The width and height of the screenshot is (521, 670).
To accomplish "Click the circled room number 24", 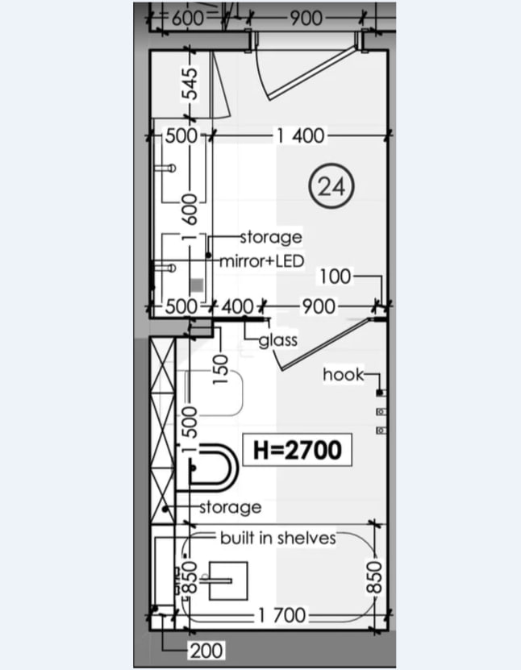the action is click(x=331, y=186).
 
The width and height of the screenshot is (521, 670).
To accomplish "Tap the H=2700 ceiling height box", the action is click(x=298, y=450).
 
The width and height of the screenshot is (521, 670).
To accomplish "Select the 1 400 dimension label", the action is click(x=301, y=136).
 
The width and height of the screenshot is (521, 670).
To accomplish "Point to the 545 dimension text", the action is click(x=191, y=84).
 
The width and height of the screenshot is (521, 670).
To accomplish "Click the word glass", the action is click(x=277, y=340).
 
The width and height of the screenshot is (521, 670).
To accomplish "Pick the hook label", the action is click(x=344, y=374).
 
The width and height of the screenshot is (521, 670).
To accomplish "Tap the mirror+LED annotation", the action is click(x=261, y=260).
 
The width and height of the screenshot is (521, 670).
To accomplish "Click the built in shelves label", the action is click(x=277, y=538).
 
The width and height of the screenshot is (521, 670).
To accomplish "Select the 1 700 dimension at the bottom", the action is click(x=281, y=616).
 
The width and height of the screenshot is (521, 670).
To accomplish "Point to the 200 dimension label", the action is click(x=206, y=651).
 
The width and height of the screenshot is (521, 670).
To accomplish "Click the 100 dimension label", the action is click(x=336, y=277).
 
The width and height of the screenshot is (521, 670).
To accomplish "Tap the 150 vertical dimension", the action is click(x=221, y=368).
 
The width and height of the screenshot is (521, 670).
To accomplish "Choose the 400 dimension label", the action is click(x=238, y=306).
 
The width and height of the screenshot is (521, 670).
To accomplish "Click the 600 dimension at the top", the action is click(x=188, y=18).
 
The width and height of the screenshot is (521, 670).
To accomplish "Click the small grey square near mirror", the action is click(x=197, y=285).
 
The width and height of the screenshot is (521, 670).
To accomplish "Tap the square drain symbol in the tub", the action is click(x=228, y=581).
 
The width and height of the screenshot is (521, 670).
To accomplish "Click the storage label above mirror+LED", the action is click(x=271, y=238).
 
